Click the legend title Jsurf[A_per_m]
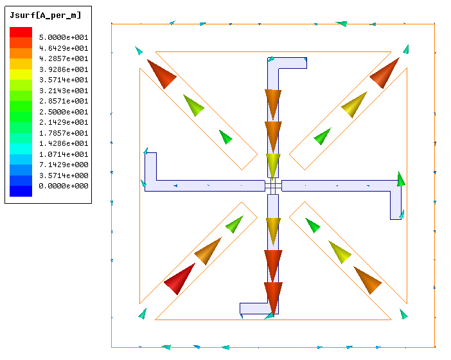coord(46,15)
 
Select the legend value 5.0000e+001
coord(64,37)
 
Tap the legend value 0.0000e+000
coord(64,186)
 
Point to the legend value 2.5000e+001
coord(64,111)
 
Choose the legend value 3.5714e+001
coord(64,80)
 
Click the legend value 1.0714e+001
coord(64,154)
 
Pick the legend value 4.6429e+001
coord(64,48)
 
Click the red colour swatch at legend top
coord(21,32)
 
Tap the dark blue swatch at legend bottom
coord(21,191)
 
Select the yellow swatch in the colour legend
coord(21,75)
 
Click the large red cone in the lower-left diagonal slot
coord(179,278)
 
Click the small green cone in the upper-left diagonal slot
coord(225,137)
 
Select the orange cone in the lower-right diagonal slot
coord(367,280)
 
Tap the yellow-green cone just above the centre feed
coord(273,165)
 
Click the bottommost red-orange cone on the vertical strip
coord(273,296)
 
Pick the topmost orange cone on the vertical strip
coord(273,104)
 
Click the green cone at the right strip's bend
coord(401,179)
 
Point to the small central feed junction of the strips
coord(273,186)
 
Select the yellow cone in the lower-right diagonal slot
coord(340,252)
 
